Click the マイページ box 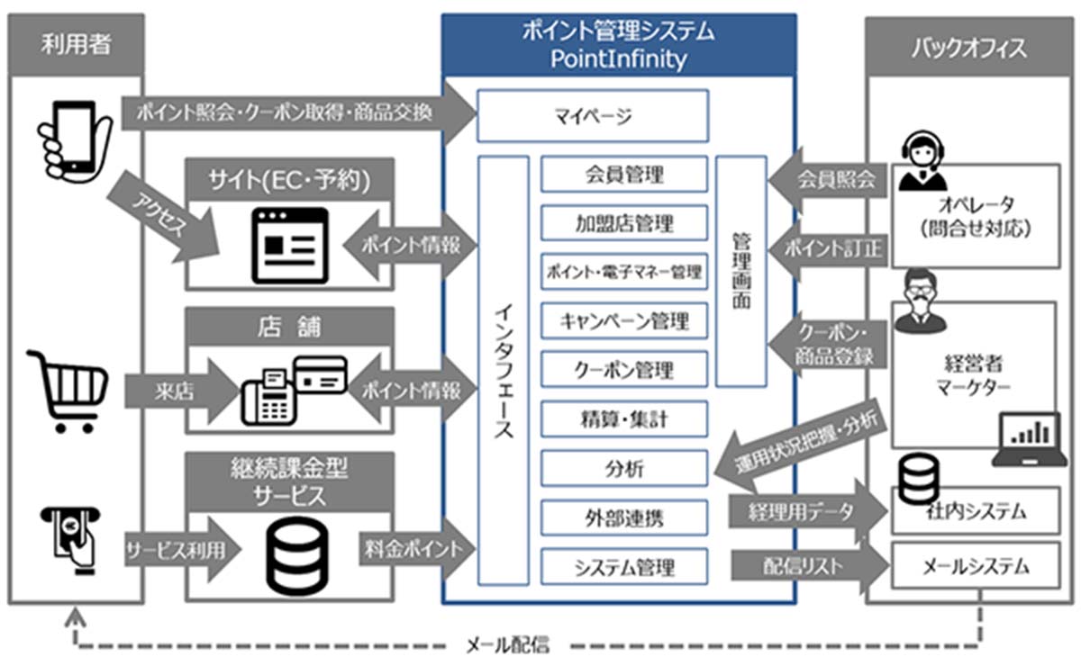592,115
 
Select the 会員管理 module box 624,174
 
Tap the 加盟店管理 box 624,222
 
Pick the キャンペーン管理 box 624,320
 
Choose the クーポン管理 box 624,369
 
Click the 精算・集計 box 624,418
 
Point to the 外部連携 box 624,517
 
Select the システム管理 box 624,567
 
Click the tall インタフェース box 504,369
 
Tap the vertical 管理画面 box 741,271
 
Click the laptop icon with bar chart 1028,440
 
